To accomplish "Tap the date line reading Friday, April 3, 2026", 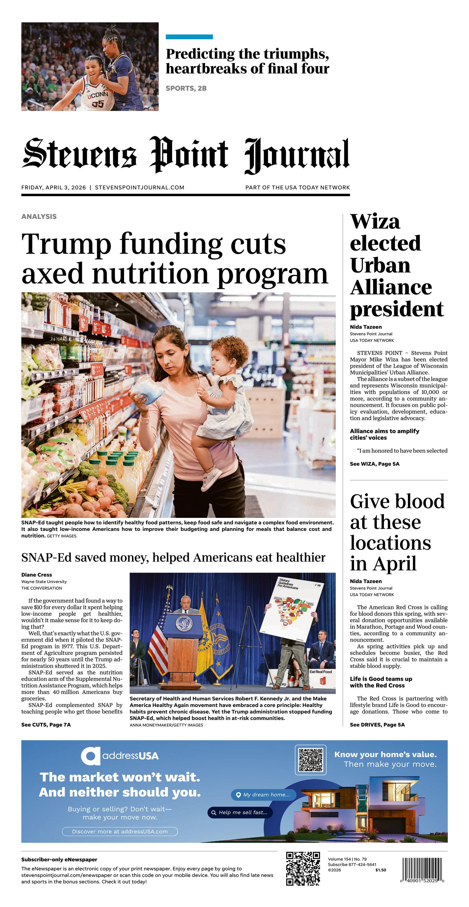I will (54, 187).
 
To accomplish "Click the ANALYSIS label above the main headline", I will (39, 216).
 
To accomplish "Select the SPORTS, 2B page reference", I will (186, 88).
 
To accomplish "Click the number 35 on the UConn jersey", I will (98, 104).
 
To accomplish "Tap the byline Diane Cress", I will (36, 575).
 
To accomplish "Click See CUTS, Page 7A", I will (46, 725).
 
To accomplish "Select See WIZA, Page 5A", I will (374, 464).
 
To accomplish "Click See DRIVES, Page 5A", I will (377, 725).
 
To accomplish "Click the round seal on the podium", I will (184, 625).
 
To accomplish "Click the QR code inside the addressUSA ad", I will (310, 760).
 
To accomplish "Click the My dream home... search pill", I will (263, 795).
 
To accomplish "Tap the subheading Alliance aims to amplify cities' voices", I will (384, 434).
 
